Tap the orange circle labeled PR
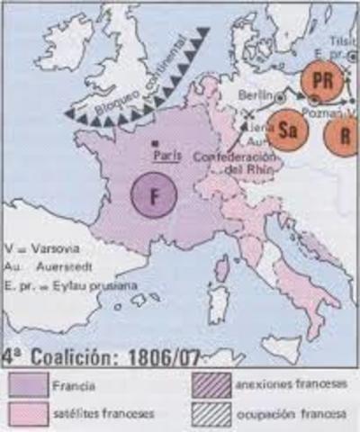319,79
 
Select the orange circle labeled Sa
287,128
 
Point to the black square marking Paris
156,143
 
